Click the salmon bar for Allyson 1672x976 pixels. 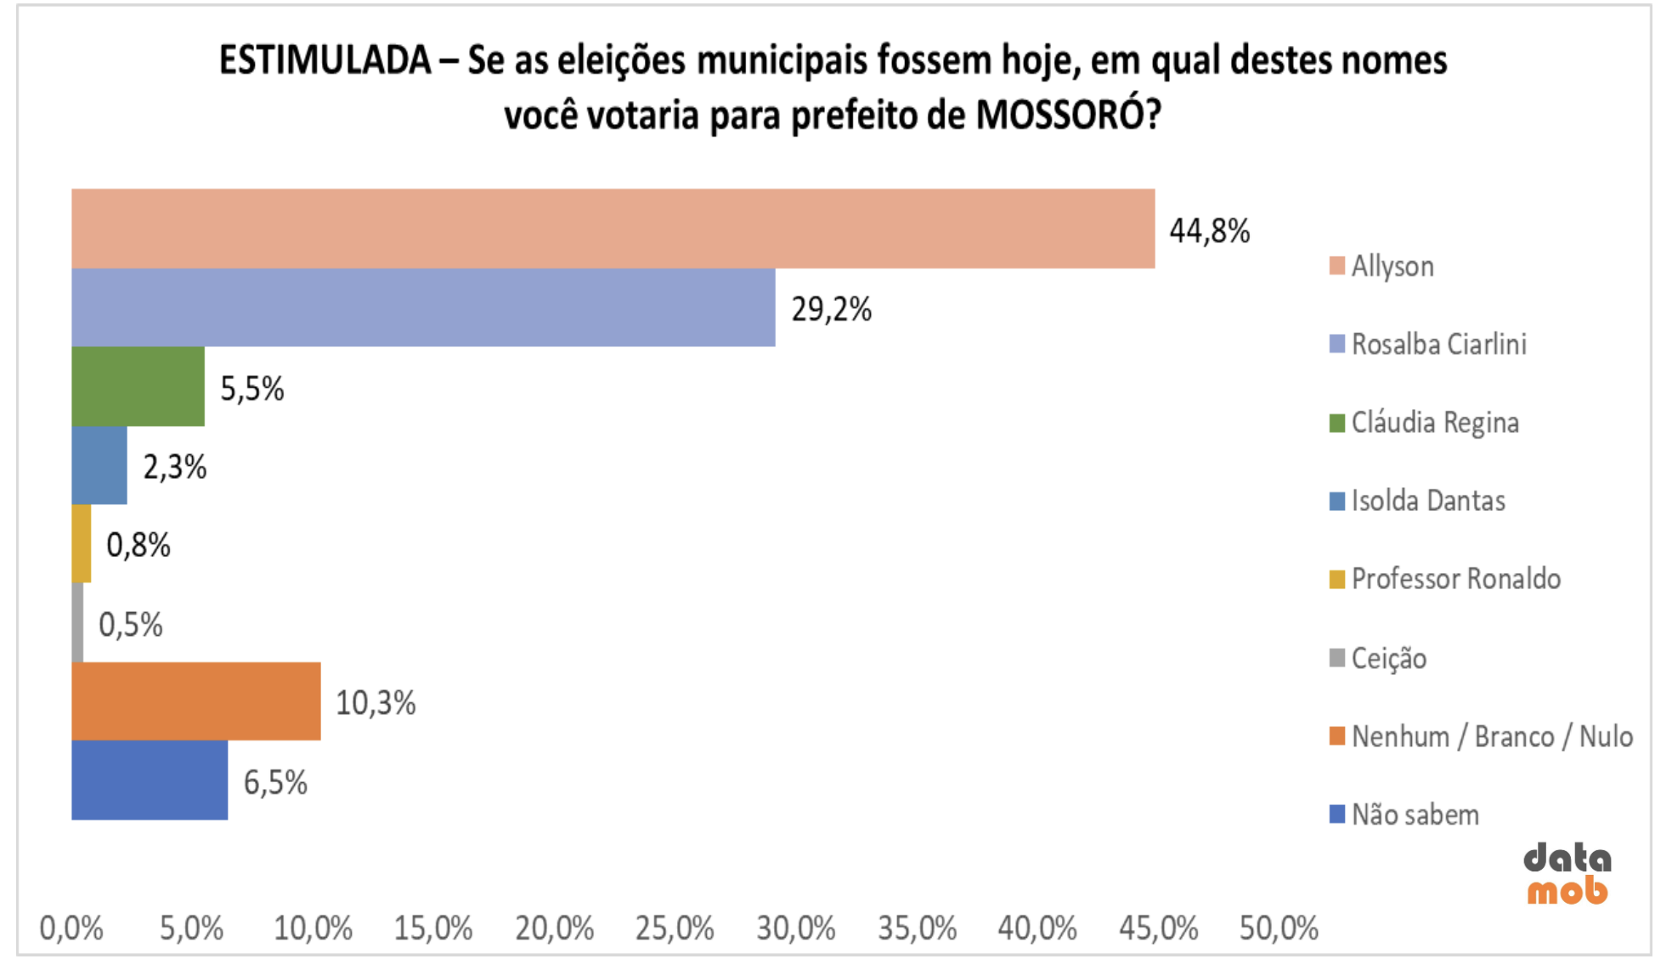pos(612,229)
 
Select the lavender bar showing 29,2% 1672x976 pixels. pos(423,308)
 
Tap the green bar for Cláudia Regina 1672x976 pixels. pos(138,387)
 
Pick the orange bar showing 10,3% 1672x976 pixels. pos(195,701)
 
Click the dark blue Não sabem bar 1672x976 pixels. pos(150,780)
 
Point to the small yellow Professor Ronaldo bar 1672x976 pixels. pos(82,544)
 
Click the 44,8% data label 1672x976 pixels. pos(1209,231)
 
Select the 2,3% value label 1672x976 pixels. pos(175,467)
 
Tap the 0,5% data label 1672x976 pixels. pos(131,625)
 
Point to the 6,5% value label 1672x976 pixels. pos(275,782)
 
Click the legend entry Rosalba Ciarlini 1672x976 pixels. pos(1438,344)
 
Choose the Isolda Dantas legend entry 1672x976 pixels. pos(1427,501)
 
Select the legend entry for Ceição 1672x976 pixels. pos(1388,658)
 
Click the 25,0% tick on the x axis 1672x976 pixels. pos(675,928)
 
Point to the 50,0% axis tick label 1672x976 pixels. pos(1279,928)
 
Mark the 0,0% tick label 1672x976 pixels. pos(71,928)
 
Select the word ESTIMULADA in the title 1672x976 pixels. pos(325,61)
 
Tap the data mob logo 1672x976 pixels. pos(1567,874)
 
